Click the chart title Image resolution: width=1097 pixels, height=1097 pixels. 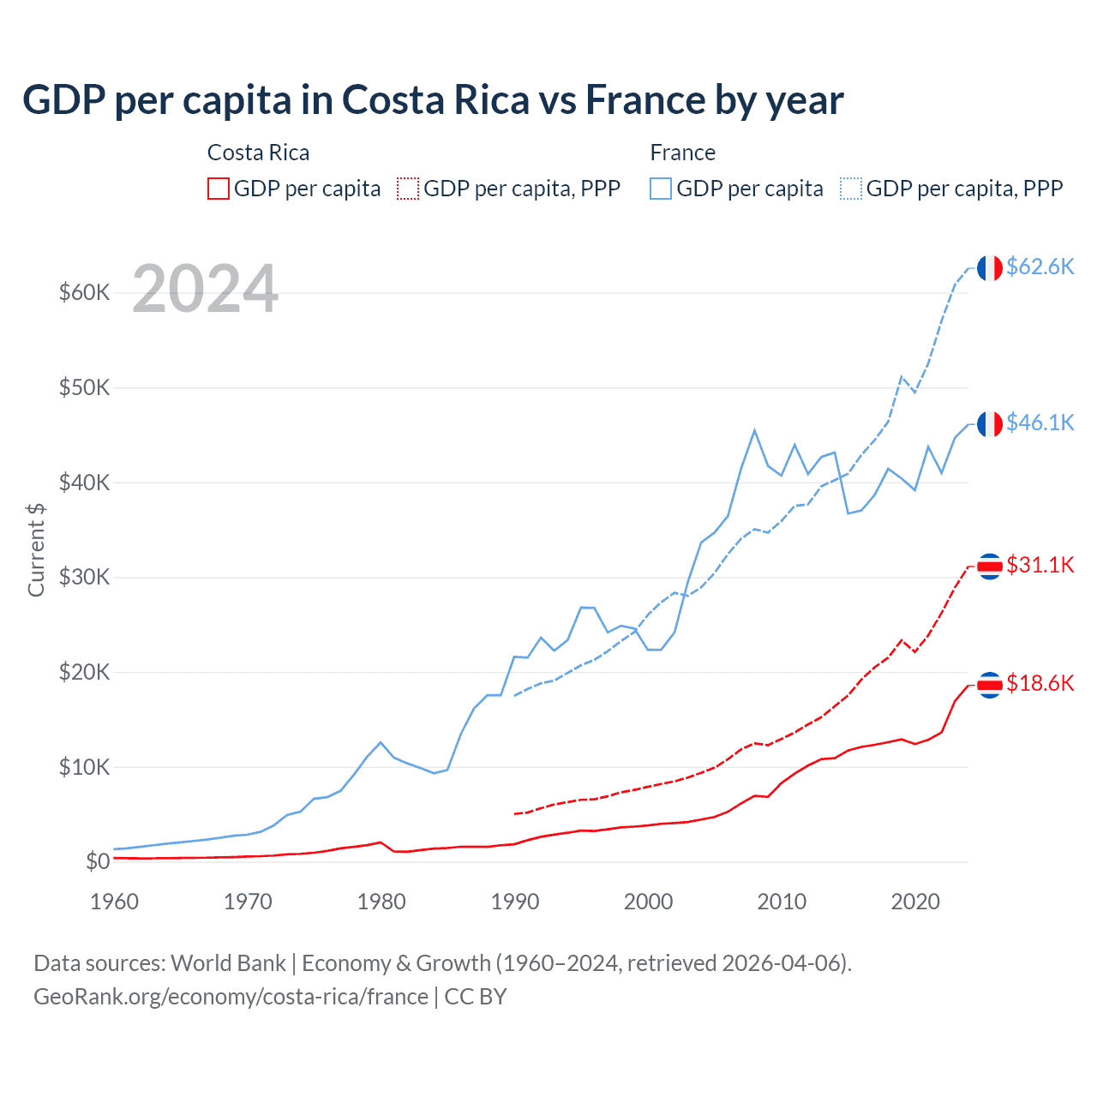point(433,100)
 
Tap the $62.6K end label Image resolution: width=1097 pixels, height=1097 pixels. point(1040,267)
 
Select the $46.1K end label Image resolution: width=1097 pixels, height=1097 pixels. point(1040,423)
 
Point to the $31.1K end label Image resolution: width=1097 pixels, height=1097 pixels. point(1040,565)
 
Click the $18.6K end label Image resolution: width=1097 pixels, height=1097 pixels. point(1040,683)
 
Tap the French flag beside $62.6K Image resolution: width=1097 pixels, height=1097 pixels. point(990,268)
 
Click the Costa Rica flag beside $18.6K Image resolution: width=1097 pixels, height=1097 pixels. point(990,685)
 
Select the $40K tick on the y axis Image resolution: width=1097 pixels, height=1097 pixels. point(85,483)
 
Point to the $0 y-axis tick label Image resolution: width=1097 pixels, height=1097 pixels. point(98,861)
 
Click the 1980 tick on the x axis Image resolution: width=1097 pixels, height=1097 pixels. point(381,902)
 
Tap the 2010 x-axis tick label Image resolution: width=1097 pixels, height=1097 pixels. point(782,902)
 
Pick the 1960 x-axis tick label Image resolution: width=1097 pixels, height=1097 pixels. point(115,902)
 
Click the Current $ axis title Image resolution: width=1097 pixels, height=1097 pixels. point(36,549)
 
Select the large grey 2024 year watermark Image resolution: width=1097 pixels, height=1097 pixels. point(205,289)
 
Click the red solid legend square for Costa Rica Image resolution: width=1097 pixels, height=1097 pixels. point(219,189)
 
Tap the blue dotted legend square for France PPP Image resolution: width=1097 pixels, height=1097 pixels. point(851,189)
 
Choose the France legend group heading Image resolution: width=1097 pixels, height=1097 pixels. point(682,153)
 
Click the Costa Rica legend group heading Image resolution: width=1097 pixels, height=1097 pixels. point(258,153)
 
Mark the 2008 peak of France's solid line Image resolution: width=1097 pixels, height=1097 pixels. point(754,430)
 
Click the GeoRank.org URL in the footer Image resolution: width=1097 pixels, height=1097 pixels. point(231,997)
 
